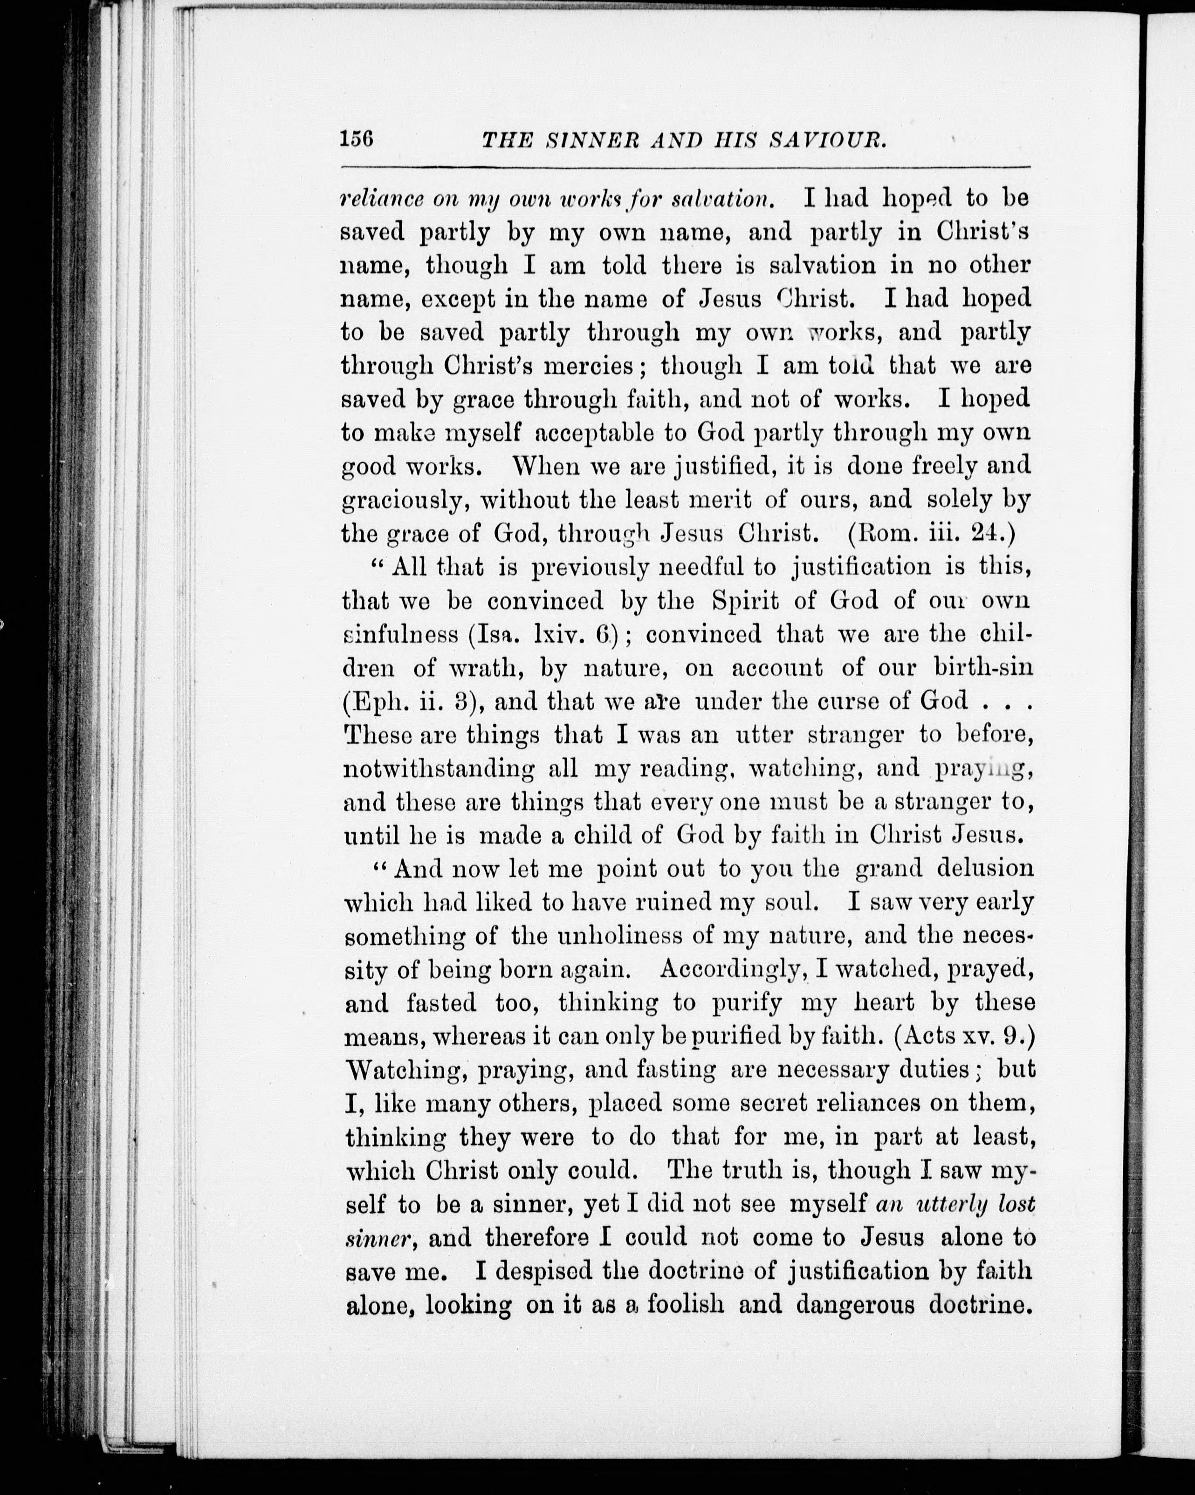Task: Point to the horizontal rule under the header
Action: pyautogui.click(x=685, y=168)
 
